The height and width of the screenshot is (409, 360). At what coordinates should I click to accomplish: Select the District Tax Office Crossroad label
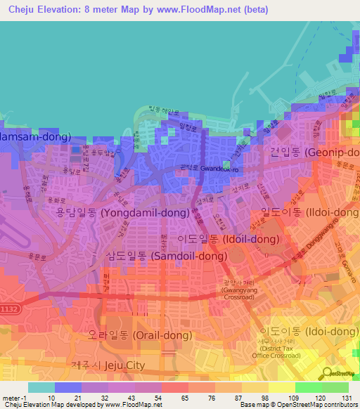point(288,349)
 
